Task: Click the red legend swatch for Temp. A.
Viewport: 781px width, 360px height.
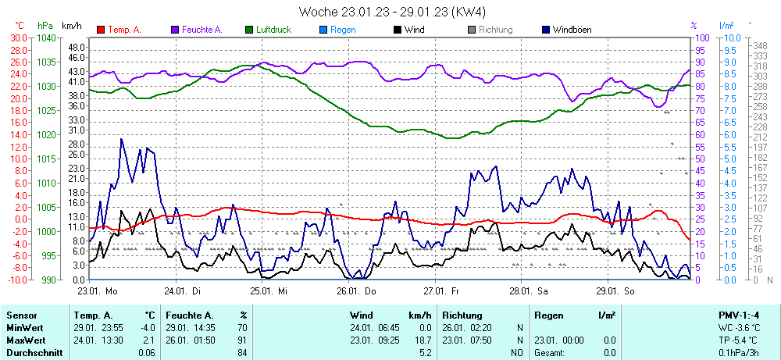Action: coord(100,30)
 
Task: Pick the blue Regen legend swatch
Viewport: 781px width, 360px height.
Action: coord(323,30)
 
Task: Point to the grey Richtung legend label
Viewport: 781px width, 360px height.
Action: coord(495,30)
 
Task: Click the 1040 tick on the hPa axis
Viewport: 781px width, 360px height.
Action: coord(46,37)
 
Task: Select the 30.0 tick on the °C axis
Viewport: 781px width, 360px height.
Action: coord(18,37)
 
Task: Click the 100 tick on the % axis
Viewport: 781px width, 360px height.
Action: coord(702,37)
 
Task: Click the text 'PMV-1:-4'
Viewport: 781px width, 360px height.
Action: coord(739,315)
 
